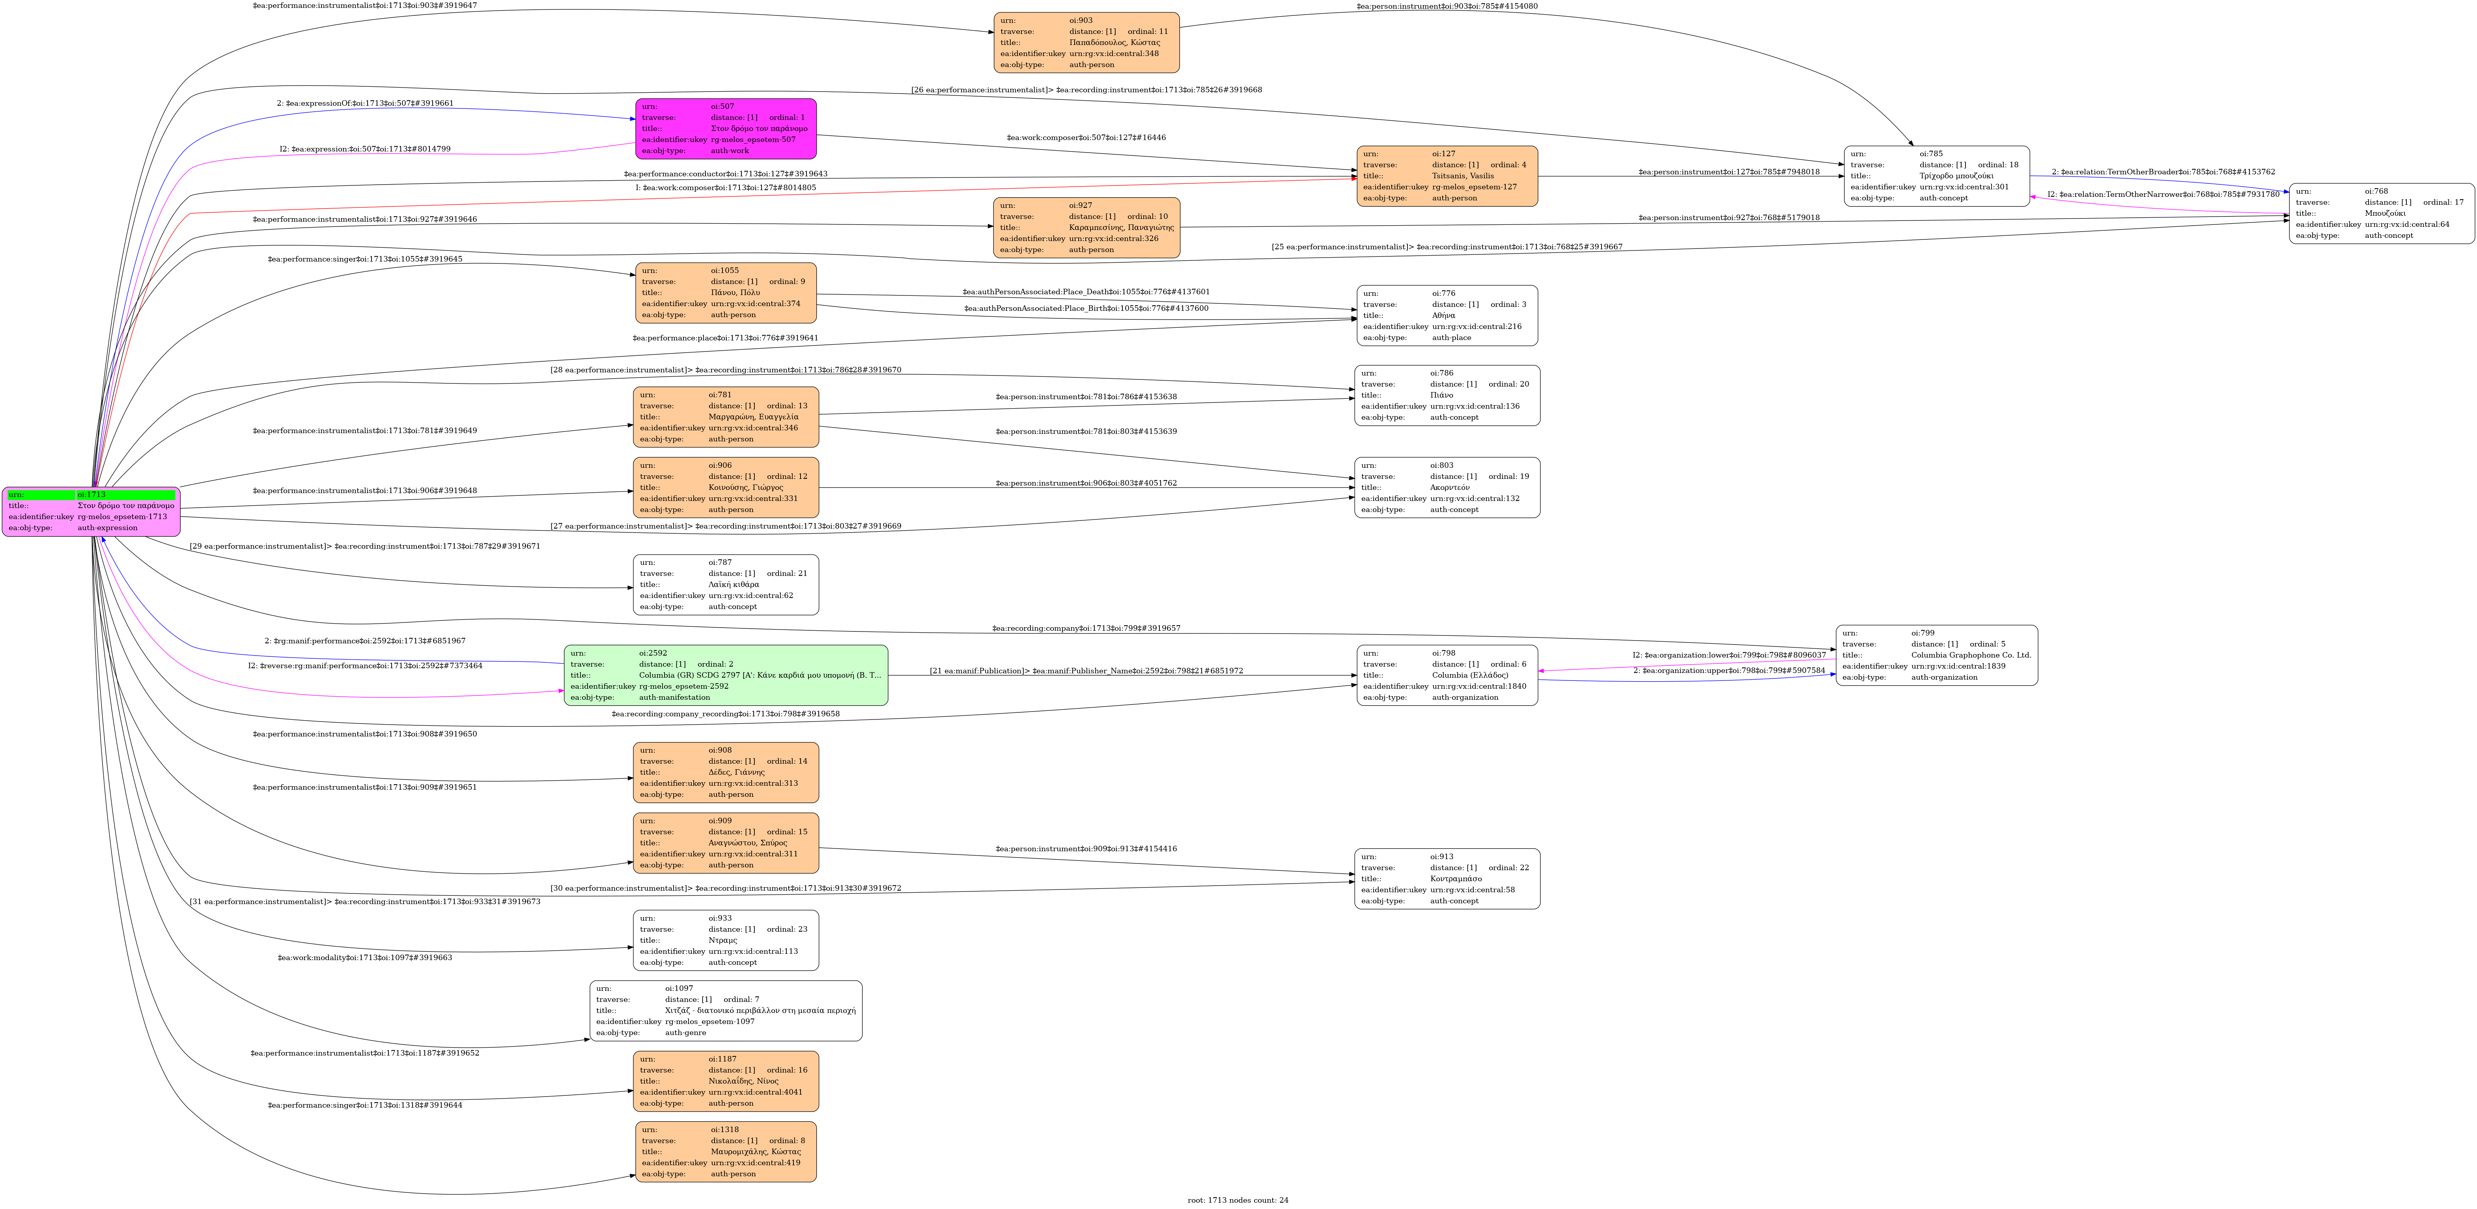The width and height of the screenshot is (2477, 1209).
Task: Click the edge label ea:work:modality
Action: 364,958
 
